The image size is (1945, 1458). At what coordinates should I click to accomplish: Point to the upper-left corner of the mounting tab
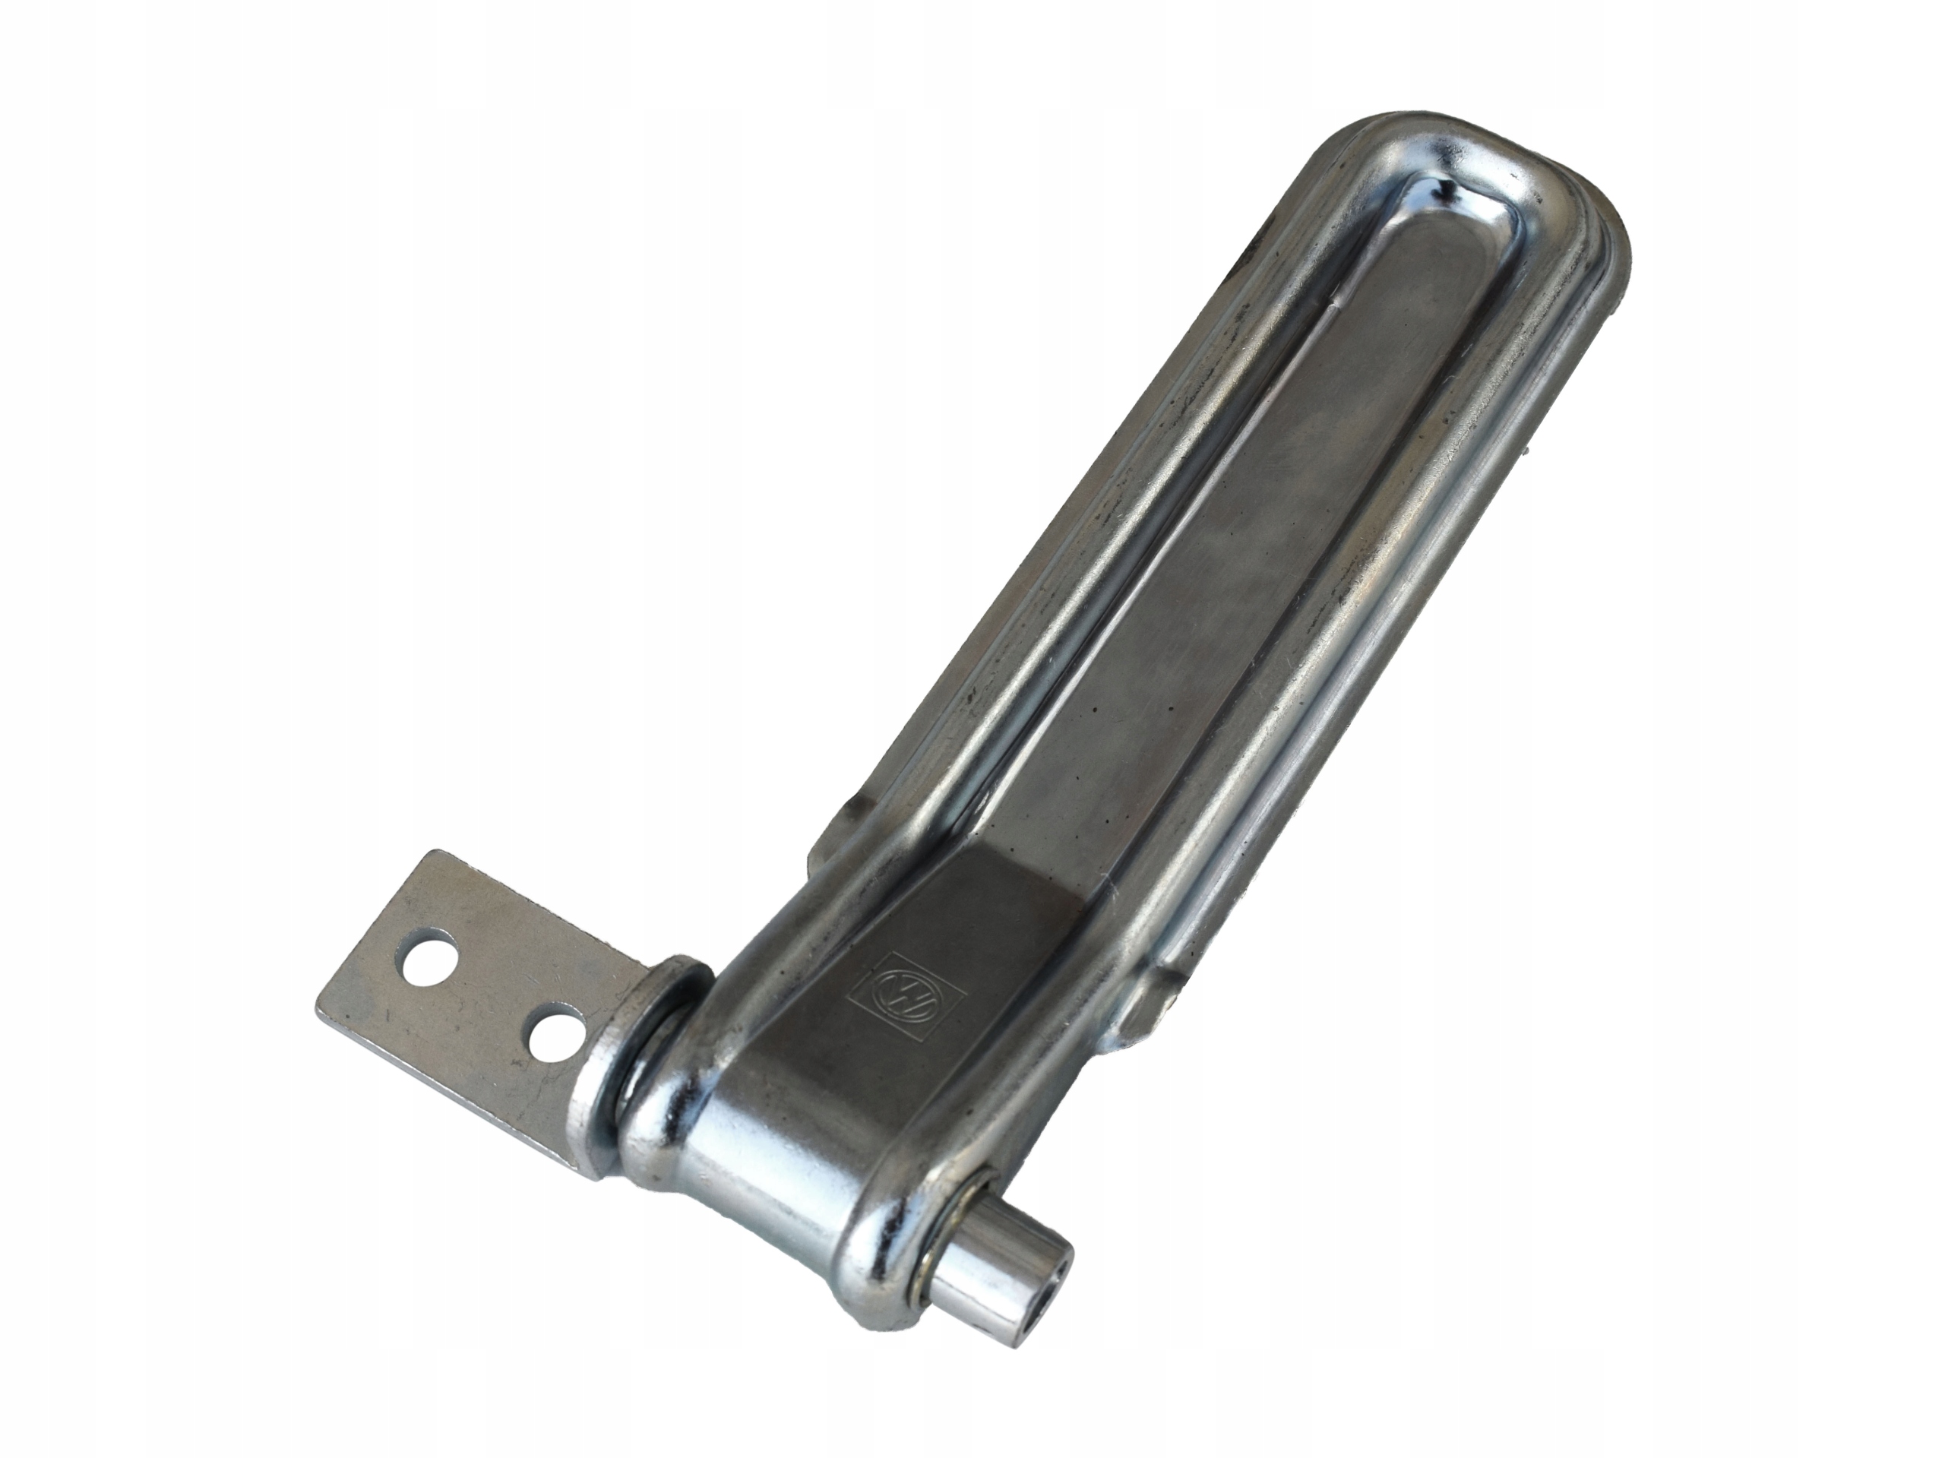point(432,851)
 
